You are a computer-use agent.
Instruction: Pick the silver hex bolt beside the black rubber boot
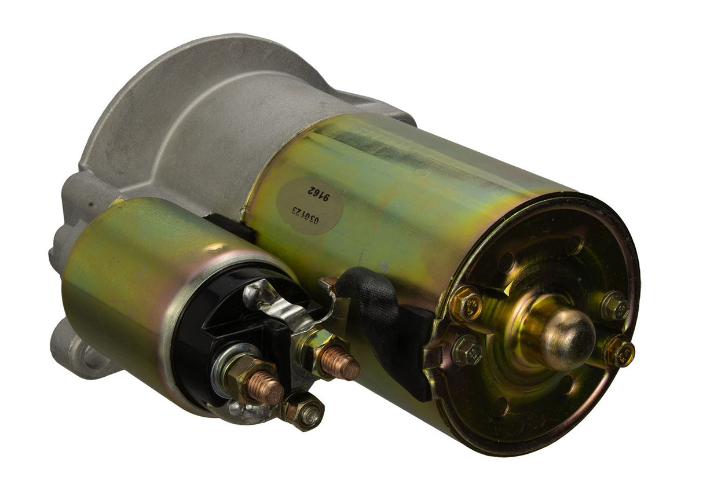[467, 351]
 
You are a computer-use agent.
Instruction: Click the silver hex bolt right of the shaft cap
[615, 306]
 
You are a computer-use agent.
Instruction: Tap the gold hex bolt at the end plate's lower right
[619, 351]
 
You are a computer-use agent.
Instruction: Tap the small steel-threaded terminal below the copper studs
[309, 413]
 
